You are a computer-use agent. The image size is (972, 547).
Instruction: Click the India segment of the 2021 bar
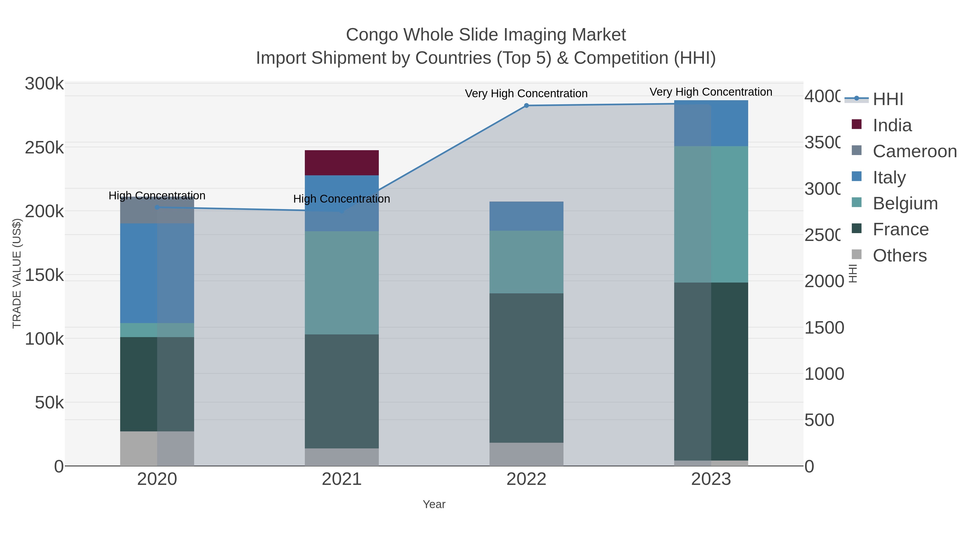point(342,163)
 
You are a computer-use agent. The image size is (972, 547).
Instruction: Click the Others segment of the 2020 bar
point(157,448)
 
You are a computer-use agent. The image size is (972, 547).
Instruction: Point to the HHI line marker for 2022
point(526,106)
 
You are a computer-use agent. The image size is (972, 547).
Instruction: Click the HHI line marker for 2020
point(157,207)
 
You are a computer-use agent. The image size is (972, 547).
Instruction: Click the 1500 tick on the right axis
point(824,328)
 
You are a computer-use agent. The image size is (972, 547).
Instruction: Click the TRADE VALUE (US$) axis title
point(17,273)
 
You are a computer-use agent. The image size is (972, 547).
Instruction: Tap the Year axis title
point(434,504)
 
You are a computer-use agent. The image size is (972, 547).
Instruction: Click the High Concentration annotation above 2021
point(342,199)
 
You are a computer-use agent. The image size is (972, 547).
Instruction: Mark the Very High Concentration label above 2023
point(711,92)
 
